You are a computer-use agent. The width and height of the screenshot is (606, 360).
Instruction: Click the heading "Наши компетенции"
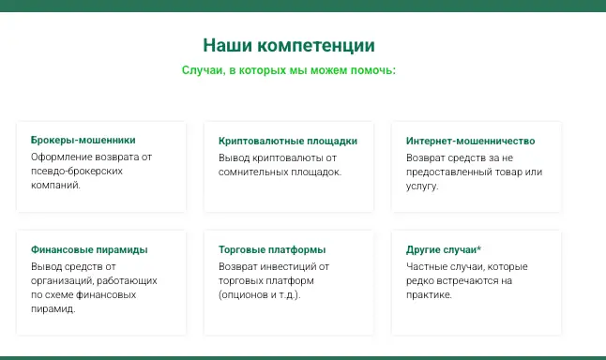click(289, 45)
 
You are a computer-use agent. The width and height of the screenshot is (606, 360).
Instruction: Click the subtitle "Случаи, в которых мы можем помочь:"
click(289, 70)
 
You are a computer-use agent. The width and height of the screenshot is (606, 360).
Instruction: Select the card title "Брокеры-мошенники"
click(83, 141)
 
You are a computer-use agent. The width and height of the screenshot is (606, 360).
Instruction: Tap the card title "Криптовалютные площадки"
click(287, 141)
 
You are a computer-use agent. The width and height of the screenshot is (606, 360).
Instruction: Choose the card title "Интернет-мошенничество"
click(469, 141)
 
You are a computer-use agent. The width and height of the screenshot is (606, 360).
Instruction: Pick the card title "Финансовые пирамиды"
click(89, 250)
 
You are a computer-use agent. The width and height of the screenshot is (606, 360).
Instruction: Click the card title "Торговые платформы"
click(272, 250)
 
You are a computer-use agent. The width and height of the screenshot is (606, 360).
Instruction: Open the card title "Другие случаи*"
click(444, 250)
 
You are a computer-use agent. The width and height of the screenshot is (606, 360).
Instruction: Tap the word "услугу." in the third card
click(422, 187)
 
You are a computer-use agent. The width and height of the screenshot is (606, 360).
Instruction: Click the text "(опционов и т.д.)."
click(265, 294)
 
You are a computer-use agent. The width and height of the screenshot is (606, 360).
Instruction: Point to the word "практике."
click(430, 294)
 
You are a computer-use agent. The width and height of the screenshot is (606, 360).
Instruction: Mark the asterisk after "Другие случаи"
click(478, 248)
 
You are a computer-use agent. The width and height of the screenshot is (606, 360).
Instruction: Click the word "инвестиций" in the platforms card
click(286, 265)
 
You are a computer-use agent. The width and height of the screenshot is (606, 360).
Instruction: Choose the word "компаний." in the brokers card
click(55, 187)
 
